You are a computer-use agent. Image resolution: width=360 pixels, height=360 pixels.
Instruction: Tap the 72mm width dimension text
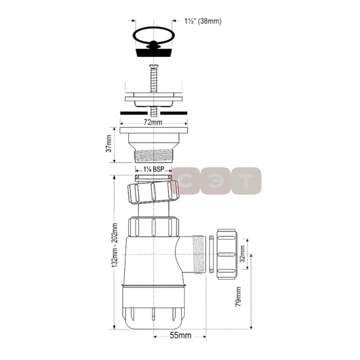click(153, 122)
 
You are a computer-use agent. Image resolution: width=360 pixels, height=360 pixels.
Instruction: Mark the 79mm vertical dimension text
click(238, 295)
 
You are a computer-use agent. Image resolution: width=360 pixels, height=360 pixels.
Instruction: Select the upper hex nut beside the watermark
click(154, 194)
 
